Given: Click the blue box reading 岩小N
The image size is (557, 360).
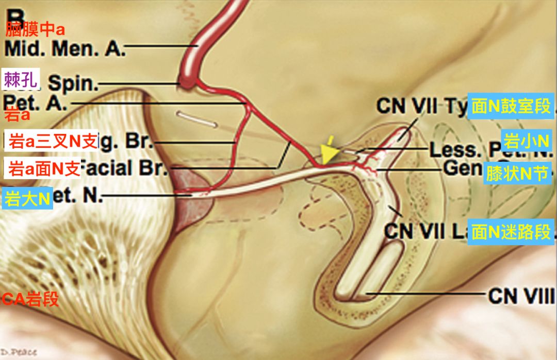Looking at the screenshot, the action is [x=527, y=141].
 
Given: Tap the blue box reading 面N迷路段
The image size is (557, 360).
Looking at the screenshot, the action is [x=511, y=232].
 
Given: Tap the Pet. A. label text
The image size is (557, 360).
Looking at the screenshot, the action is [x=35, y=102].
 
